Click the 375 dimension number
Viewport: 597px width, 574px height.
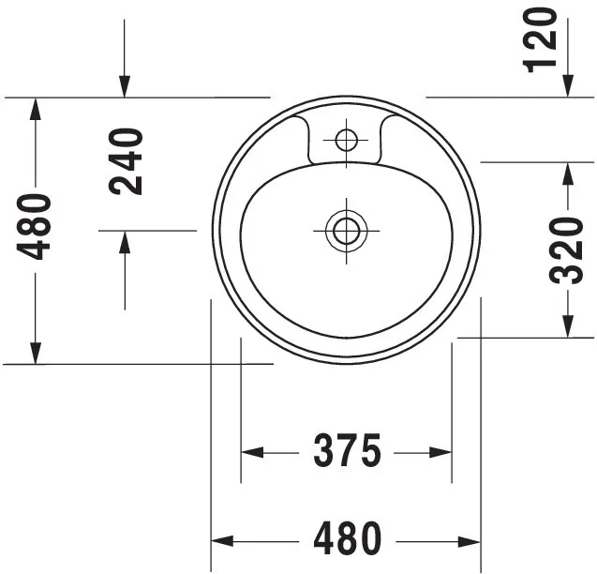347,452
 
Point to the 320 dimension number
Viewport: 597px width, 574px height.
567,249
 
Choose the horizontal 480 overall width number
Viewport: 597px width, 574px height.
347,539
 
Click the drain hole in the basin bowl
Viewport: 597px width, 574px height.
347,228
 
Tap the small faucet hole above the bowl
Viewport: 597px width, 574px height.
347,142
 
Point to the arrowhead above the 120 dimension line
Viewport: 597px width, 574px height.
568,86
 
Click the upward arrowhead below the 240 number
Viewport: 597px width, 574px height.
125,240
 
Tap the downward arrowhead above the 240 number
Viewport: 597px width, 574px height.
125,86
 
